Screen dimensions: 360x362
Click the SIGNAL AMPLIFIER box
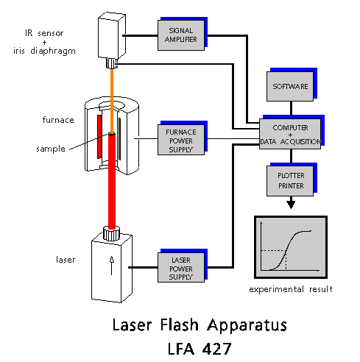click(181, 35)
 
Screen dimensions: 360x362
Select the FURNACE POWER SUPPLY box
click(181, 140)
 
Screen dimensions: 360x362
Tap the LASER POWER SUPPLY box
click(181, 267)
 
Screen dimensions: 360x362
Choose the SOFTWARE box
click(290, 86)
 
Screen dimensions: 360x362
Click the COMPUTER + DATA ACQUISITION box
click(290, 134)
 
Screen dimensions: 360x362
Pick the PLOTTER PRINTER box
click(290, 181)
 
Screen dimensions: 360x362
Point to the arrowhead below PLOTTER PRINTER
click(291, 205)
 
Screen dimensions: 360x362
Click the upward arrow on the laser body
click(112, 266)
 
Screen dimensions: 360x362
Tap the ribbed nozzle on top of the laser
click(111, 233)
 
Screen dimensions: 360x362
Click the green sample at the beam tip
click(112, 134)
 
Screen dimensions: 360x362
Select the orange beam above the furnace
click(112, 100)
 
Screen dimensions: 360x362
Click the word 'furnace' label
click(58, 120)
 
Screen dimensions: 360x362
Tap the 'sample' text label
click(51, 149)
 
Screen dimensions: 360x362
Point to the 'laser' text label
click(66, 260)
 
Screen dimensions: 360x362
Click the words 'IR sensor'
click(44, 33)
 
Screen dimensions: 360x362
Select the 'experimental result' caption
click(291, 289)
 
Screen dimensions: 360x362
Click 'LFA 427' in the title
click(200, 349)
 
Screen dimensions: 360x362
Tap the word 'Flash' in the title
click(180, 325)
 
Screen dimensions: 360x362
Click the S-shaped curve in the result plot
click(290, 250)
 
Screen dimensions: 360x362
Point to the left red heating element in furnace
click(99, 137)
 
